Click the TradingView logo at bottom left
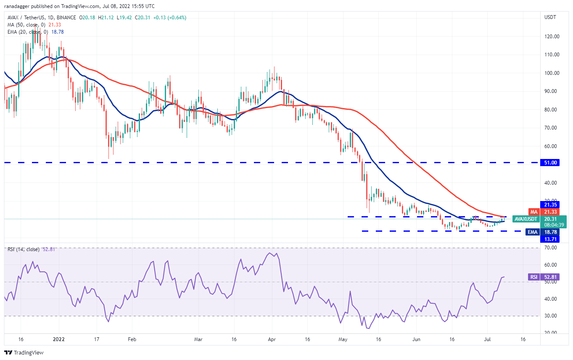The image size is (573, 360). (24, 352)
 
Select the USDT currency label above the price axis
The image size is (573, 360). (550, 17)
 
